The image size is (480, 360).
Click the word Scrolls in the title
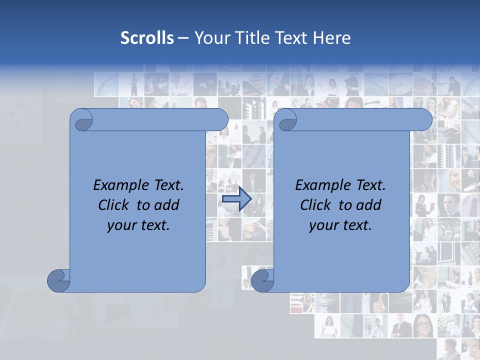147,38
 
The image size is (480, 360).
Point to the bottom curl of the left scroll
58,280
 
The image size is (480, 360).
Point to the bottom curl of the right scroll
262,280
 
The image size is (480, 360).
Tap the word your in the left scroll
121,226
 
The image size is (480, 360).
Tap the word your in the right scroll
323,226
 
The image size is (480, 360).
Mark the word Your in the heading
210,38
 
